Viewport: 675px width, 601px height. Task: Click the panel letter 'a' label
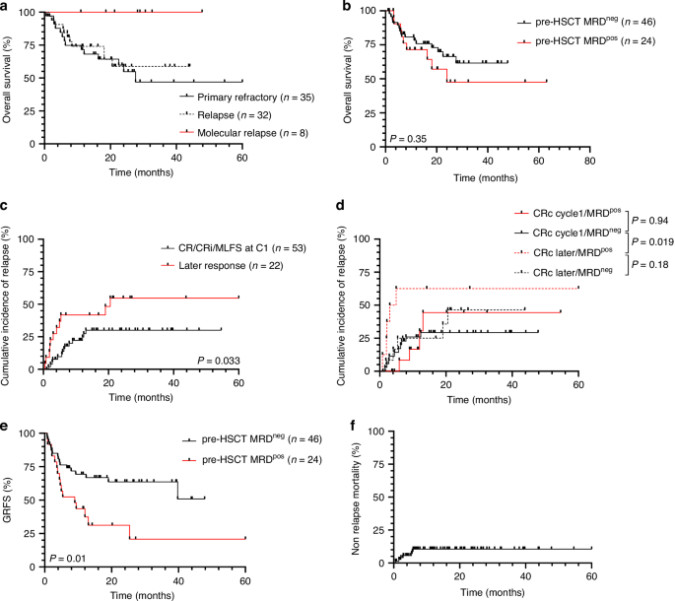pos(6,7)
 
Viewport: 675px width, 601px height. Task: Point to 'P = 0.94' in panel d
pos(649,220)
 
